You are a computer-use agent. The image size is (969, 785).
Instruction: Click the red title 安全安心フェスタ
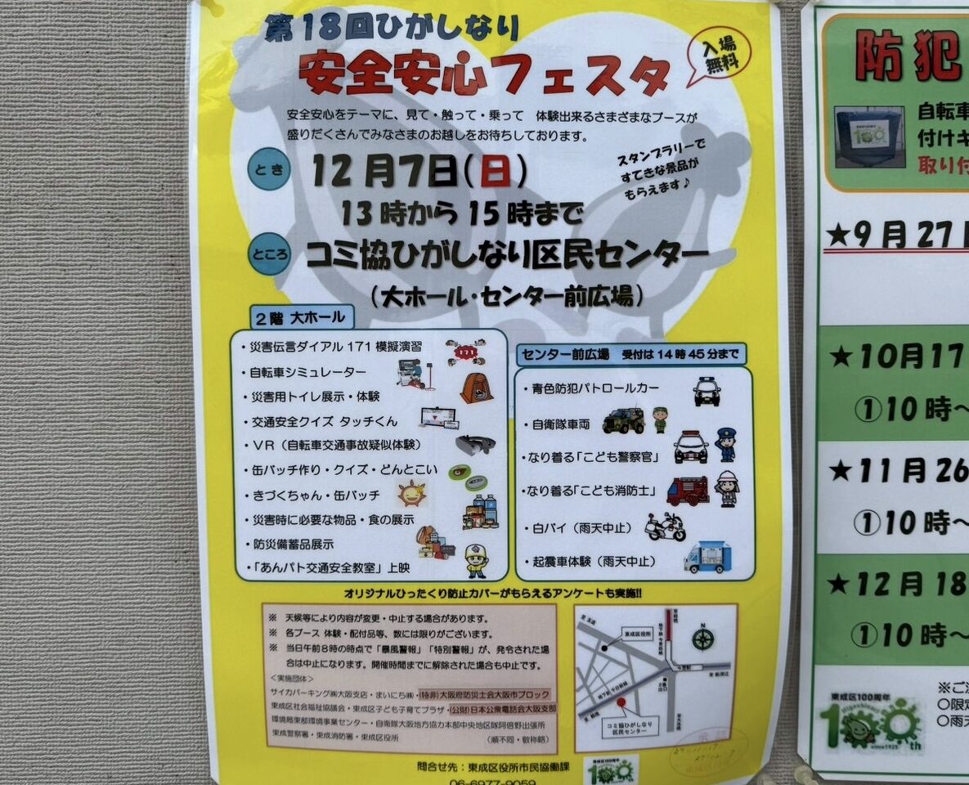tap(483, 74)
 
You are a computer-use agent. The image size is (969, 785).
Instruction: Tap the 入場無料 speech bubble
tap(716, 58)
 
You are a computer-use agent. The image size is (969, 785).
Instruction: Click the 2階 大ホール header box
tap(301, 316)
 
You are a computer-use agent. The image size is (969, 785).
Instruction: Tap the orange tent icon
tap(476, 387)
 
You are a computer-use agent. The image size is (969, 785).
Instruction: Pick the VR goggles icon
tap(476, 445)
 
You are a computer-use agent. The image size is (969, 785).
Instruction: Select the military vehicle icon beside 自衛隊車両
tap(623, 420)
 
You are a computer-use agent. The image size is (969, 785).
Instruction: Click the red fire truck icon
tap(687, 490)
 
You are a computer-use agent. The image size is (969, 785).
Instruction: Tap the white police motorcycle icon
tap(665, 527)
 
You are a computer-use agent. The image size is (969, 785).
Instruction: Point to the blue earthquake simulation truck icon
tap(707, 558)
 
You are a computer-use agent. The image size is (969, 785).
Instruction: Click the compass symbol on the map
tap(702, 638)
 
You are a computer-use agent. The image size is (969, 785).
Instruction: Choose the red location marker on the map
tap(621, 702)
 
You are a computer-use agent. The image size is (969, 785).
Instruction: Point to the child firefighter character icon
tap(726, 488)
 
